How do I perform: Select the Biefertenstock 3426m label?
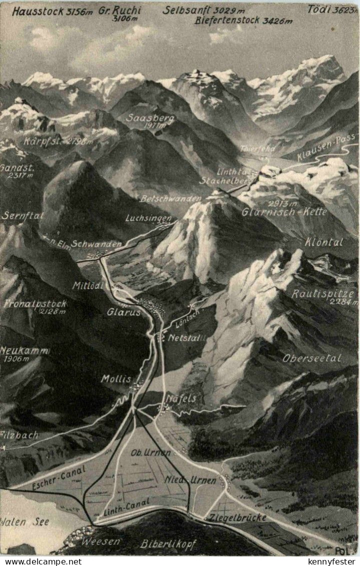click(x=243, y=21)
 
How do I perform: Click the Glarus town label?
click(x=123, y=312)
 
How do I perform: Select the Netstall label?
click(x=187, y=338)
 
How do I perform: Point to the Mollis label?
click(x=116, y=379)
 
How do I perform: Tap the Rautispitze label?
click(x=323, y=294)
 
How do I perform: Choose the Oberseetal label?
click(x=311, y=358)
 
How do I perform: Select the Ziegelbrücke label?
click(x=238, y=517)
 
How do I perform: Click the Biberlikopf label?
click(x=168, y=544)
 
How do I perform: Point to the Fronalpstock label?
click(x=35, y=304)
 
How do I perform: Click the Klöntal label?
click(x=324, y=242)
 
